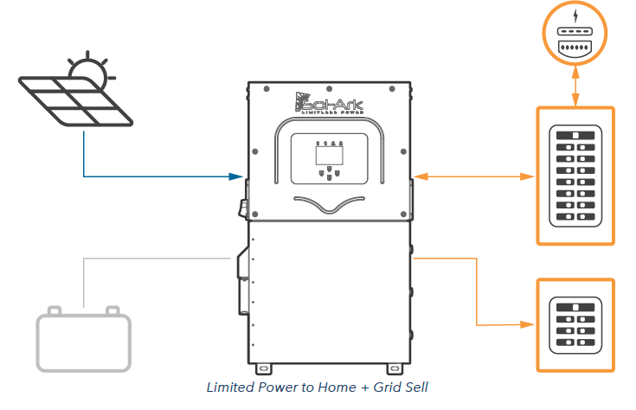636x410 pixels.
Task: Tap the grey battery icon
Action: [83, 342]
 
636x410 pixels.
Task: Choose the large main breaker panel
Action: [575, 176]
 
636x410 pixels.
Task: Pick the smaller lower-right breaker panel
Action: [575, 324]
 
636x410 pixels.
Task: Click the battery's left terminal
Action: [55, 311]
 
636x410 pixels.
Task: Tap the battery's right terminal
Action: [112, 311]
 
